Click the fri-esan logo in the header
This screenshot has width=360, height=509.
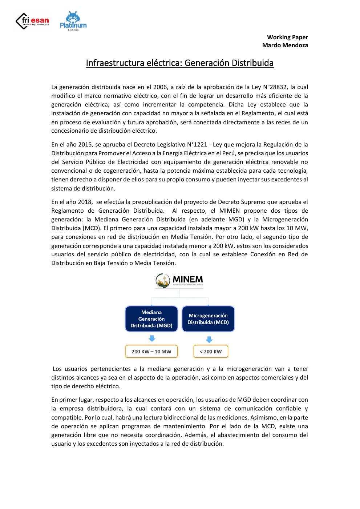pos(32,21)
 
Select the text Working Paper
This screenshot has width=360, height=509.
pos(287,37)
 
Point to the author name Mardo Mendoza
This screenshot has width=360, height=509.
pos(285,45)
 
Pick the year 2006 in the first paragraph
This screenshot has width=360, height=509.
pos(160,87)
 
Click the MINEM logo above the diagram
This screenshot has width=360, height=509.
pos(179,281)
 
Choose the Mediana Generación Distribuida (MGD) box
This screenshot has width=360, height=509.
pos(151,319)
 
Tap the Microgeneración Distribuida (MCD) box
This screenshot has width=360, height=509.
pos(208,319)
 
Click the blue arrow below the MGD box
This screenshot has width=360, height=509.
pos(152,338)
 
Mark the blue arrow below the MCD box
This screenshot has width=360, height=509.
pos(209,340)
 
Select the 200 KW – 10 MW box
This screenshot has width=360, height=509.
pos(151,351)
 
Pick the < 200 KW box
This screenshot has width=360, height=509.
pos(211,351)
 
